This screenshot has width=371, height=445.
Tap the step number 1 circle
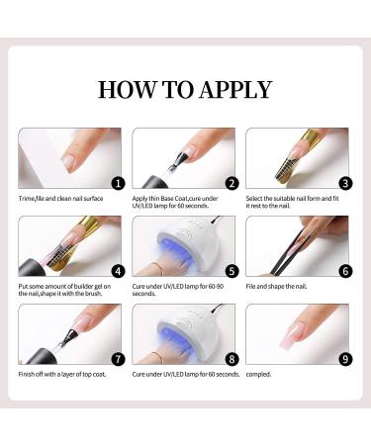(x=118, y=182)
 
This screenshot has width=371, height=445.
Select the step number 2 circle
(x=232, y=182)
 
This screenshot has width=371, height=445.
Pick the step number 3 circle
(x=345, y=182)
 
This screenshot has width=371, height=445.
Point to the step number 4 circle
(x=118, y=270)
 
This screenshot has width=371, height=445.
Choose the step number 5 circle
(x=232, y=270)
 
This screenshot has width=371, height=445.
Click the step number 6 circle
(x=345, y=270)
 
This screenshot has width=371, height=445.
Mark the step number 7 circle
(x=118, y=358)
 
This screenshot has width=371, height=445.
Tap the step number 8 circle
(x=232, y=358)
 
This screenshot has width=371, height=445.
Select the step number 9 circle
(x=345, y=358)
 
